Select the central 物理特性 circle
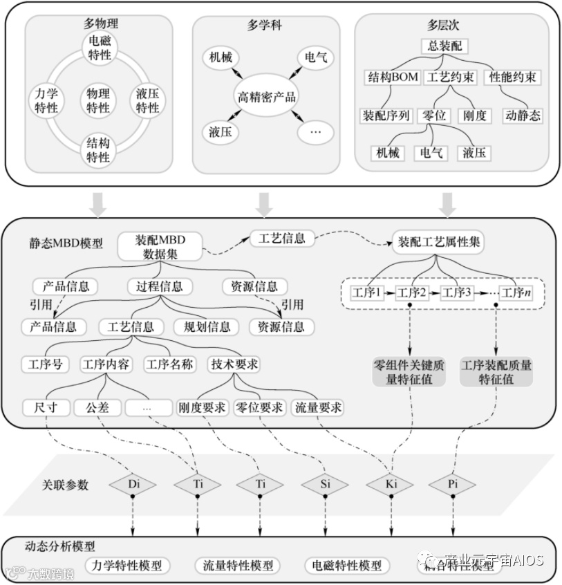click(98, 100)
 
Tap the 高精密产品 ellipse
click(266, 96)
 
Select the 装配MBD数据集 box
click(161, 247)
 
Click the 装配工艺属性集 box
click(439, 242)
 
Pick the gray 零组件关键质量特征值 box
click(409, 371)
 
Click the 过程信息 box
click(160, 286)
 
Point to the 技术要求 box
click(234, 364)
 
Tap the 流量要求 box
click(318, 407)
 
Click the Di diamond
click(133, 484)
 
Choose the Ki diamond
click(391, 484)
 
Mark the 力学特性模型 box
click(127, 565)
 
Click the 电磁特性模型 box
click(346, 565)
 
